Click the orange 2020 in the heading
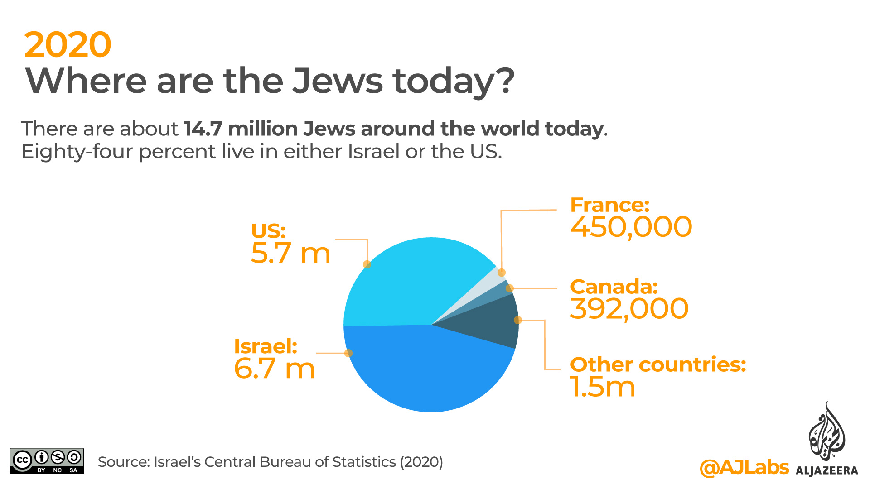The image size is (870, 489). coord(68,44)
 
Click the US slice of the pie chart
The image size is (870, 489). coord(408,281)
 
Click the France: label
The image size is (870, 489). coord(609,205)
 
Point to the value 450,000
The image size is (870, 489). coord(631,227)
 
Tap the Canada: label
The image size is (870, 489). coord(614,287)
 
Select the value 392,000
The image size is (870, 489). coord(629,309)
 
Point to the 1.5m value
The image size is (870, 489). coord(603,387)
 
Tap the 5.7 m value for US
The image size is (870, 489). coord(290,253)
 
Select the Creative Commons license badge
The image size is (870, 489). coord(47,461)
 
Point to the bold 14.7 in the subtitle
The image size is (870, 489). coord(203,129)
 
